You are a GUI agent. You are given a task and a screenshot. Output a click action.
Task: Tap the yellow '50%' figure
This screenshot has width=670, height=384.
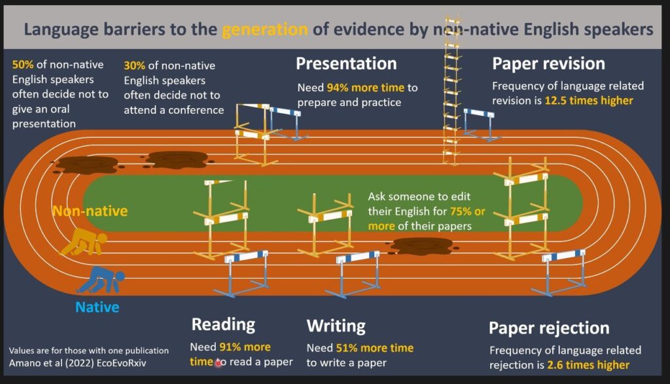[23, 65]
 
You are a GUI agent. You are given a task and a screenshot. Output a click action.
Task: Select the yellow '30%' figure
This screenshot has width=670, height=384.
[135, 65]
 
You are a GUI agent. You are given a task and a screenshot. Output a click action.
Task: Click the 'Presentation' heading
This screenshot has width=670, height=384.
[346, 63]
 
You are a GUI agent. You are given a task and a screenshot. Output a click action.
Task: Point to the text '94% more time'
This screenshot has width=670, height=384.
[365, 88]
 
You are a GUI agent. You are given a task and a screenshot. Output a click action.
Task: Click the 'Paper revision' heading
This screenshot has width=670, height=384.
[548, 63]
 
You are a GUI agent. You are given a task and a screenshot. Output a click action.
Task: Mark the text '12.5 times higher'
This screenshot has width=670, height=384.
[588, 100]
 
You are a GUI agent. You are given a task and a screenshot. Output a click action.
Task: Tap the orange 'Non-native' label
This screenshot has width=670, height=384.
[90, 211]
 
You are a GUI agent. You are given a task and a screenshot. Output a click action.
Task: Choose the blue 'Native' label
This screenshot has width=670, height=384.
[97, 307]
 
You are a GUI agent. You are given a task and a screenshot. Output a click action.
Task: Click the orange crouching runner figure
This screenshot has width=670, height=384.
[83, 242]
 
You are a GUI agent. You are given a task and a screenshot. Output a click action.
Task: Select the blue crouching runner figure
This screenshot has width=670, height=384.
[101, 280]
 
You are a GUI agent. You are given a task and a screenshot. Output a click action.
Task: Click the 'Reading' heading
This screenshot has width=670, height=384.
[223, 324]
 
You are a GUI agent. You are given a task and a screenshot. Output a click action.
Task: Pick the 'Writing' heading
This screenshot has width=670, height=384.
[336, 326]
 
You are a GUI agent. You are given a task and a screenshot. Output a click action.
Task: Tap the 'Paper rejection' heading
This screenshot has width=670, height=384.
[549, 328]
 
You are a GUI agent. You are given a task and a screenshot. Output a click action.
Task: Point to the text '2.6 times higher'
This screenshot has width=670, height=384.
[588, 365]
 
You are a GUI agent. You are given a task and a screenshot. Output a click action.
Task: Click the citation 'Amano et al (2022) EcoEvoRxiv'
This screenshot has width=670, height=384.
[77, 363]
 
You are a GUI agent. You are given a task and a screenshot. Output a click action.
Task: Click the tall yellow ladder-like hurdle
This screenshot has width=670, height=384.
[451, 90]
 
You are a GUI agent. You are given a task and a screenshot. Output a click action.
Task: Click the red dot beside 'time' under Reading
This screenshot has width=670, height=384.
[219, 364]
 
